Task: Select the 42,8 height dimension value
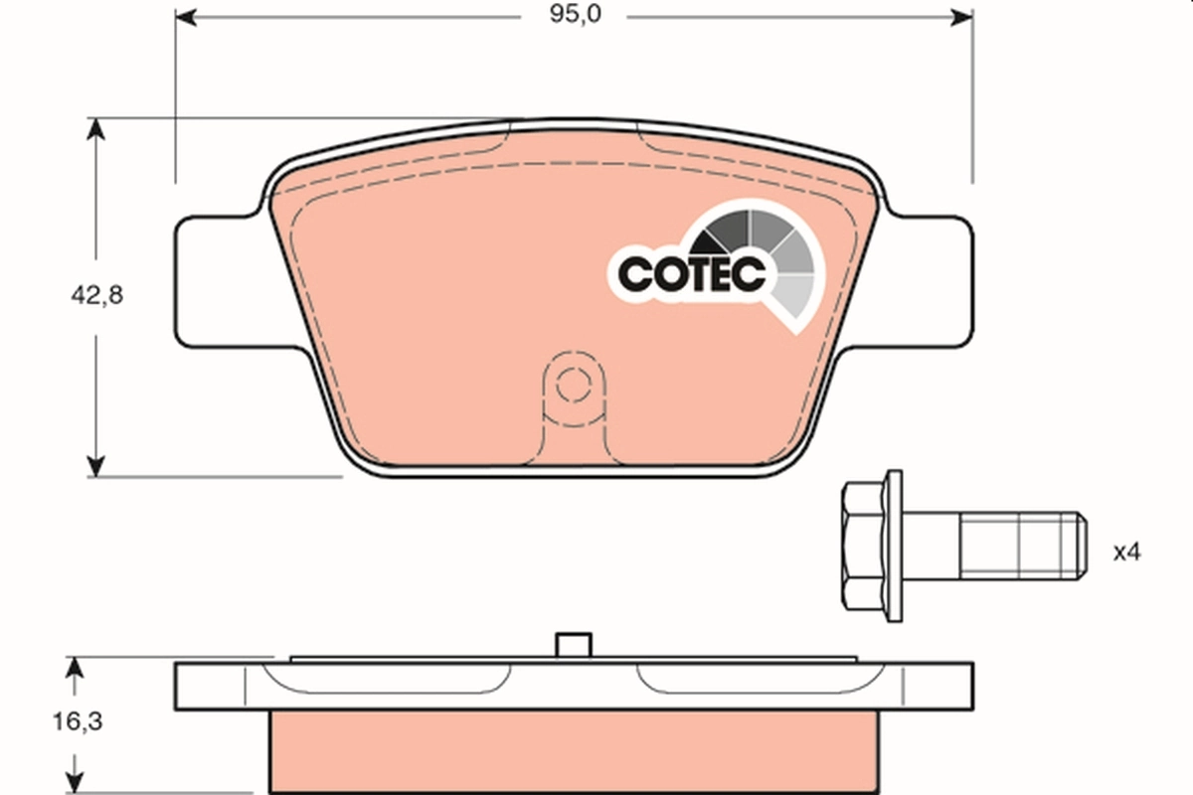click(x=97, y=295)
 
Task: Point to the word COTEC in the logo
click(x=692, y=274)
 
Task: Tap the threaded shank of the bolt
click(x=1019, y=548)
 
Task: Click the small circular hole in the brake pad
click(x=572, y=383)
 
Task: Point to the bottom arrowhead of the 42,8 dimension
click(x=95, y=465)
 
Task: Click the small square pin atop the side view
click(x=571, y=644)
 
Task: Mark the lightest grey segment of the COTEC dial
click(x=795, y=295)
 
